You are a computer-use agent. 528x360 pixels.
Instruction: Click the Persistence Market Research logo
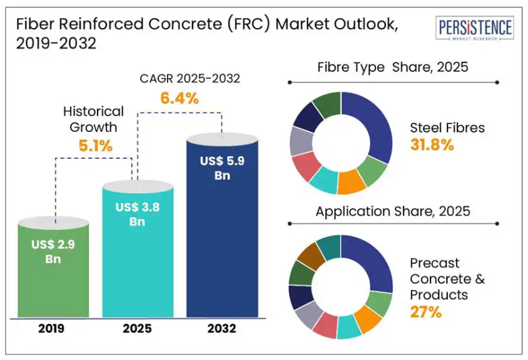pos(475,30)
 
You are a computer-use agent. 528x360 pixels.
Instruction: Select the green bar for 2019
pos(53,275)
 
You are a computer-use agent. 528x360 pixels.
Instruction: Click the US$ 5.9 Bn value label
pos(222,168)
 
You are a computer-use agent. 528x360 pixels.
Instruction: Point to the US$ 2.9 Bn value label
pos(53,251)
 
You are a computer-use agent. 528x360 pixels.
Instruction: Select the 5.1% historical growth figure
pos(94,147)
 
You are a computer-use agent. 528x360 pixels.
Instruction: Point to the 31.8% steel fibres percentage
pos(432,145)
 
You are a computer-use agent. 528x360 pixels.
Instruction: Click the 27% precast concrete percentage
pos(426,311)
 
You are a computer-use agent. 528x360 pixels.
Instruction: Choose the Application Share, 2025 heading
pos(393,211)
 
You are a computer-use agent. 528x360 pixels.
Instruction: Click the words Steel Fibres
pos(447,127)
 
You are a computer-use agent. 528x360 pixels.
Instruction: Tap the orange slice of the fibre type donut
pos(351,182)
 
